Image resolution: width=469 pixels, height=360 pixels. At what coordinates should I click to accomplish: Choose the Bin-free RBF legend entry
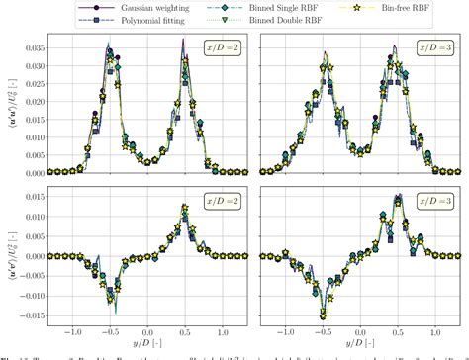click(x=385, y=7)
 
